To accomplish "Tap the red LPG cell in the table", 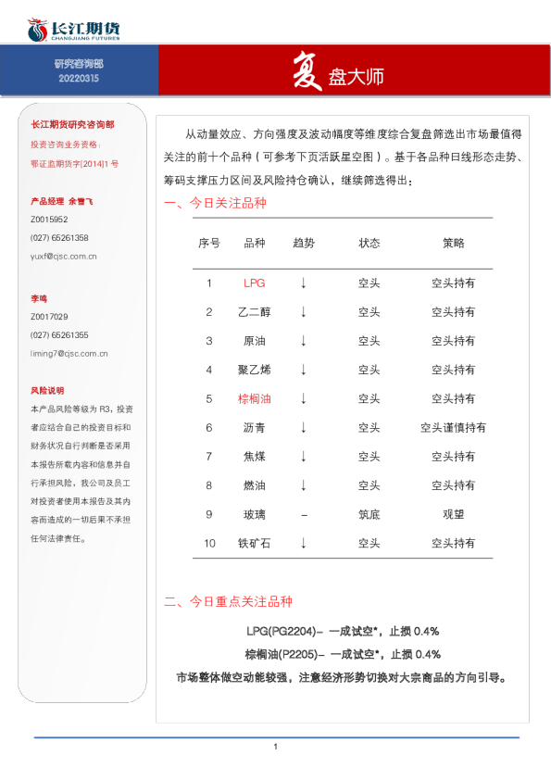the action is pyautogui.click(x=254, y=283).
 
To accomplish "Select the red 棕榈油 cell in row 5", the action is pyautogui.click(x=254, y=398).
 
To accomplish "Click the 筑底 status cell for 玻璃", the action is pyautogui.click(x=369, y=513).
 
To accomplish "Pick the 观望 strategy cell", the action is pyautogui.click(x=453, y=513).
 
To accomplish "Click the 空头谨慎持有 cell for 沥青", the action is pyautogui.click(x=453, y=427).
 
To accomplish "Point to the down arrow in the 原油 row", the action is pyautogui.click(x=303, y=341).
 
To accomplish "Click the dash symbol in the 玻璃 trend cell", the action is pyautogui.click(x=303, y=513).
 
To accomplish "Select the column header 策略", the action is pyautogui.click(x=453, y=244).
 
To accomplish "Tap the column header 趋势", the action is pyautogui.click(x=303, y=244).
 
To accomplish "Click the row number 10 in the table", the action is pyautogui.click(x=209, y=543).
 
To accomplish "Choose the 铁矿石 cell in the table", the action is pyautogui.click(x=254, y=543).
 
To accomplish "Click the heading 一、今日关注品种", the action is pyautogui.click(x=215, y=204).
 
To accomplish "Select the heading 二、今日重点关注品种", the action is pyautogui.click(x=228, y=601).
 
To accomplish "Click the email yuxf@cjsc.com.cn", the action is pyautogui.click(x=64, y=256).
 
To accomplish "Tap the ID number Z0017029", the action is pyautogui.click(x=49, y=317).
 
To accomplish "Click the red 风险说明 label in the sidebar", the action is pyautogui.click(x=47, y=390).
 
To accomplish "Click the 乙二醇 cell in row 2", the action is pyautogui.click(x=254, y=312).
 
